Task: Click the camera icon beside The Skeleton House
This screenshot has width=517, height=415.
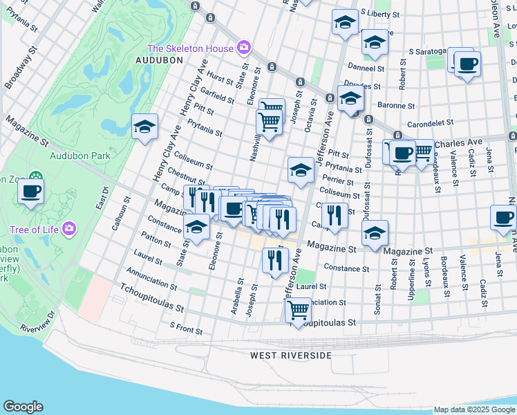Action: click(x=243, y=48)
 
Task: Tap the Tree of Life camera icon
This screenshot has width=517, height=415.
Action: click(x=68, y=228)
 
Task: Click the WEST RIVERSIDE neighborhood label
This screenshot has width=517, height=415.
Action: click(x=290, y=355)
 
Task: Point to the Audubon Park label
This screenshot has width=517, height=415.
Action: click(x=80, y=156)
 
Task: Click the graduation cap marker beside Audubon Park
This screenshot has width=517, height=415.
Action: click(x=145, y=127)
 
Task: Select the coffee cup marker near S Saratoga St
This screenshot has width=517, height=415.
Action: click(x=467, y=64)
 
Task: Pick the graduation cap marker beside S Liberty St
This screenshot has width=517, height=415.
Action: click(x=345, y=23)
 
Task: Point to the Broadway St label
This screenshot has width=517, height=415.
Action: click(x=18, y=72)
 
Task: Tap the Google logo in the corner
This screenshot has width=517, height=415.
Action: click(x=23, y=406)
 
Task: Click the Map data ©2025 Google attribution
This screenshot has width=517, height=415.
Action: click(x=473, y=409)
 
